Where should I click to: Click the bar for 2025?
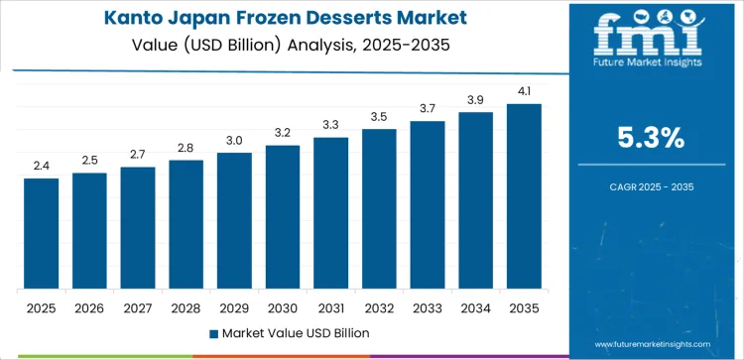pos(42,234)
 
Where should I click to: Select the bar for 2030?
pos(283,217)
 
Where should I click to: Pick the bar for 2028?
pos(186,225)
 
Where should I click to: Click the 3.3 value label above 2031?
pos(330,125)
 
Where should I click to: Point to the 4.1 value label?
pos(524,91)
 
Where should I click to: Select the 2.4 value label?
pos(42,166)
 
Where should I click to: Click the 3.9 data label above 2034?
pos(475,100)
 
